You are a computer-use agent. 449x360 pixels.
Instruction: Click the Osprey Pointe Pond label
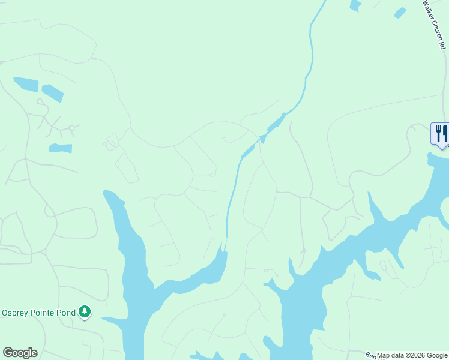(x=39, y=312)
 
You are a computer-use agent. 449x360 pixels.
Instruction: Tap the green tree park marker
(x=85, y=311)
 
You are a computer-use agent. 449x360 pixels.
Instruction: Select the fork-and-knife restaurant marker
(x=441, y=133)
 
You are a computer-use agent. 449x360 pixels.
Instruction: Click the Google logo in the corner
(x=20, y=353)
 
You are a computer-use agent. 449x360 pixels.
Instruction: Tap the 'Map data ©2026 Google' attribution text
(x=412, y=355)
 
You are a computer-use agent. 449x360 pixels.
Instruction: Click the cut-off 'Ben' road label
(x=370, y=356)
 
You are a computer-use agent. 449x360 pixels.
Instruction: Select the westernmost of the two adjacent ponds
(x=25, y=83)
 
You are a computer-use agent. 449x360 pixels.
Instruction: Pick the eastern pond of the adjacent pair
(x=53, y=93)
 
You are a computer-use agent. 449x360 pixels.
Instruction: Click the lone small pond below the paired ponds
(x=60, y=148)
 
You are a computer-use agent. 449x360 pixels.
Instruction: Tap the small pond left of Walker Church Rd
(x=400, y=13)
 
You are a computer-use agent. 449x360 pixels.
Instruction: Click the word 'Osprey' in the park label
(x=16, y=312)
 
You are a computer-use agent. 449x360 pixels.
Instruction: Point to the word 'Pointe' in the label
(x=44, y=312)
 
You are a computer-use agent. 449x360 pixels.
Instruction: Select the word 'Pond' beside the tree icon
(x=67, y=312)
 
